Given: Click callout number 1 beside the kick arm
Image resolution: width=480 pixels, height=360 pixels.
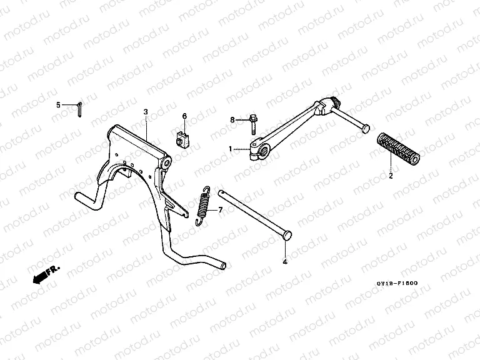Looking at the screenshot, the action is tap(230, 149).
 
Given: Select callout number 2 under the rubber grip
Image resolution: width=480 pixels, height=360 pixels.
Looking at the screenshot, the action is tap(391, 177).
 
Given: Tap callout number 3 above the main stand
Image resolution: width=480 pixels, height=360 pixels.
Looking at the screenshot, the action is tap(146, 112).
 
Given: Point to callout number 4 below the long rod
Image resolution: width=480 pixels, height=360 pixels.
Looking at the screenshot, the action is tap(284, 262).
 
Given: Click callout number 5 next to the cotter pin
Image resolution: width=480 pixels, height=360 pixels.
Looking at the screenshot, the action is tap(59, 105).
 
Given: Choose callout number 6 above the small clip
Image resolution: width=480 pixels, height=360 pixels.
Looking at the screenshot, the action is tap(184, 116).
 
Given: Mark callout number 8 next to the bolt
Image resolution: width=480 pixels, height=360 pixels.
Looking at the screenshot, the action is tap(232, 119).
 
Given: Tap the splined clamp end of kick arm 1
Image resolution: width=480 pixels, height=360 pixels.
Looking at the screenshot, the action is tap(260, 148).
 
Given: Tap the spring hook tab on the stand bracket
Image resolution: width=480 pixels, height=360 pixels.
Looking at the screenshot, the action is tap(184, 214).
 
